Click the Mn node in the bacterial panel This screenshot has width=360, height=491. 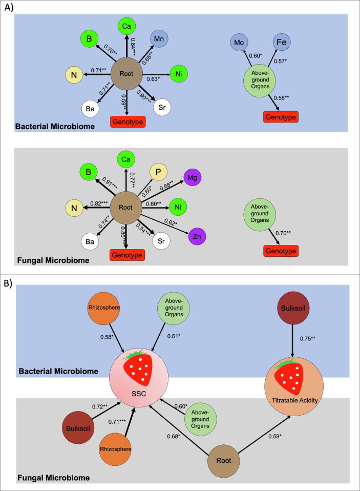pyautogui.click(x=158, y=40)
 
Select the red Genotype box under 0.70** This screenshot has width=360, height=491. pyautogui.click(x=280, y=251)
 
